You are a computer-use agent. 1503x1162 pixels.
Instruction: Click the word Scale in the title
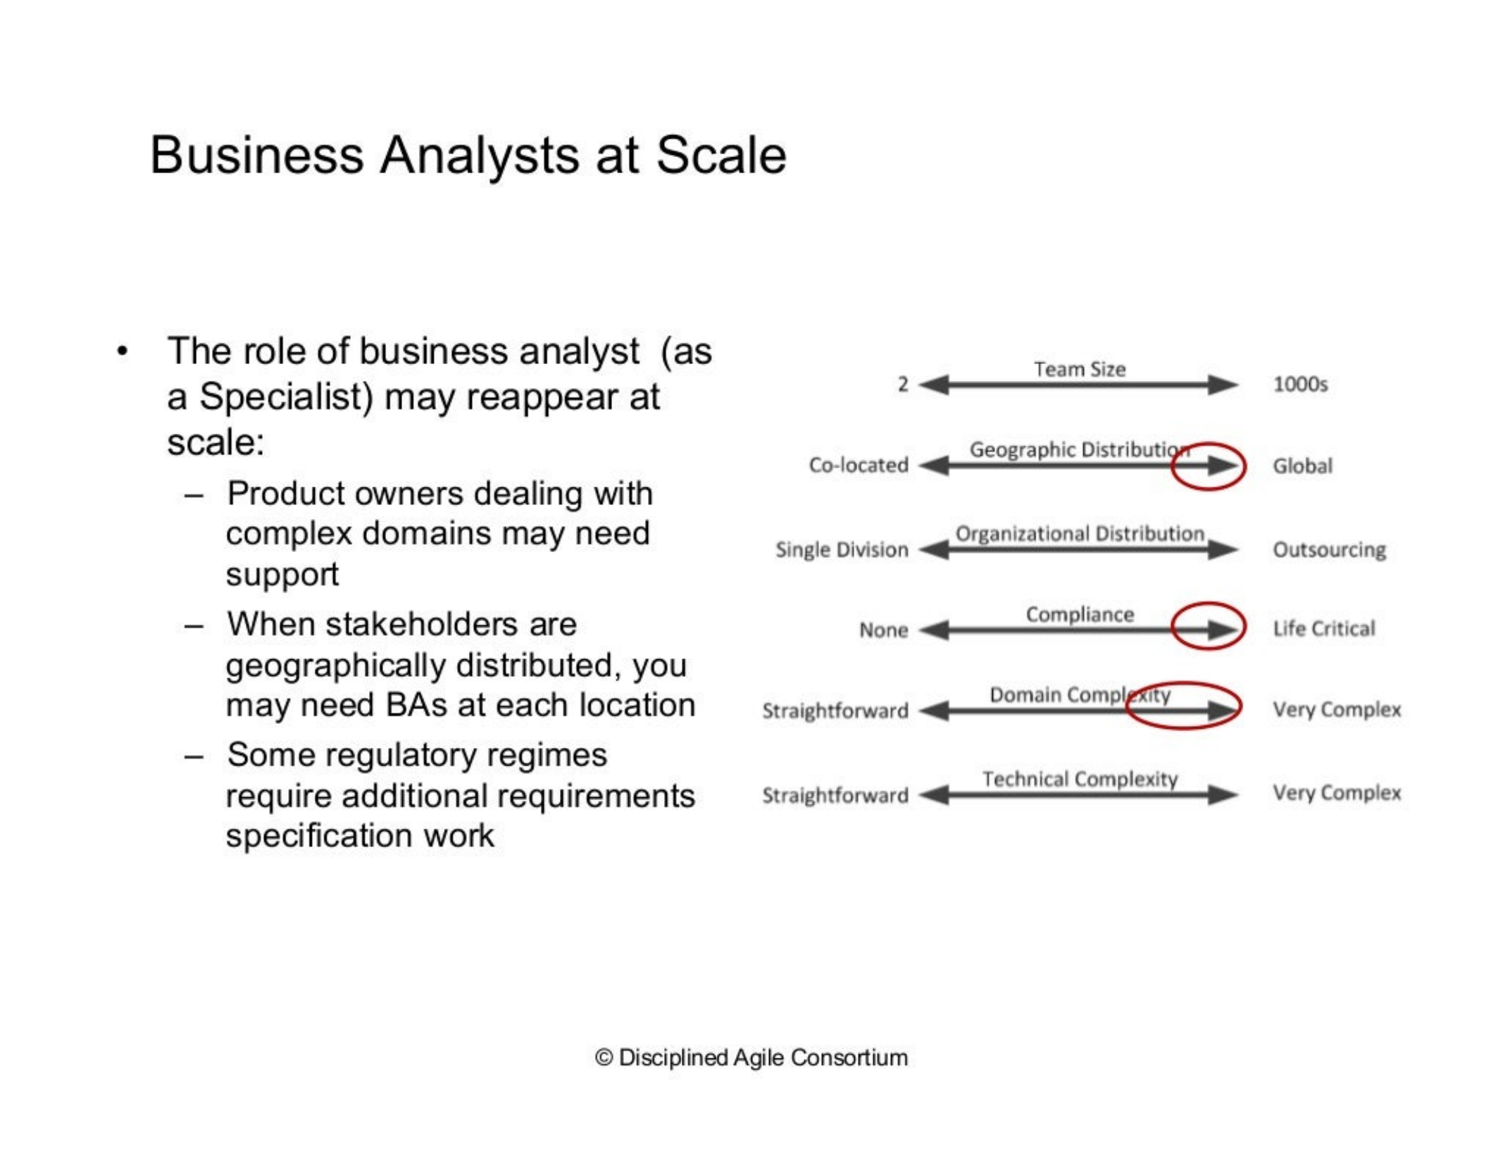coord(721,155)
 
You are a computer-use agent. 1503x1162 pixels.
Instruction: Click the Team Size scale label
coord(1080,369)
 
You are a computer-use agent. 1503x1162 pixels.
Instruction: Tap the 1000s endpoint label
coord(1300,385)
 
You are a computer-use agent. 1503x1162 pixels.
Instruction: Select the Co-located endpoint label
coord(859,465)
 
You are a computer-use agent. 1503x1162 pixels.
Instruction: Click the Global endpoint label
coord(1302,466)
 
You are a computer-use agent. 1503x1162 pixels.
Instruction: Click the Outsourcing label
coord(1329,549)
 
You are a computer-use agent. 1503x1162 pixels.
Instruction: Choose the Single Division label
coord(842,549)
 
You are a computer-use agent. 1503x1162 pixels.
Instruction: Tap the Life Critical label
coord(1323,628)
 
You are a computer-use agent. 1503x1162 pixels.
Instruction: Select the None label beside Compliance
coord(883,630)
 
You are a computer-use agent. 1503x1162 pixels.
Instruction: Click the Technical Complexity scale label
coord(1080,779)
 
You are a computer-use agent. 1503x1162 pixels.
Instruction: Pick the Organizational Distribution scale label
coord(1080,533)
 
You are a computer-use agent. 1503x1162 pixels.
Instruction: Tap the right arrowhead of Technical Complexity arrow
coord(1223,794)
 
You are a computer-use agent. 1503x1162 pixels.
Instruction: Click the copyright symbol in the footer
coord(604,1058)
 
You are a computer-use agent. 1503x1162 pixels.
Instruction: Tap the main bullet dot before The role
coord(123,351)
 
